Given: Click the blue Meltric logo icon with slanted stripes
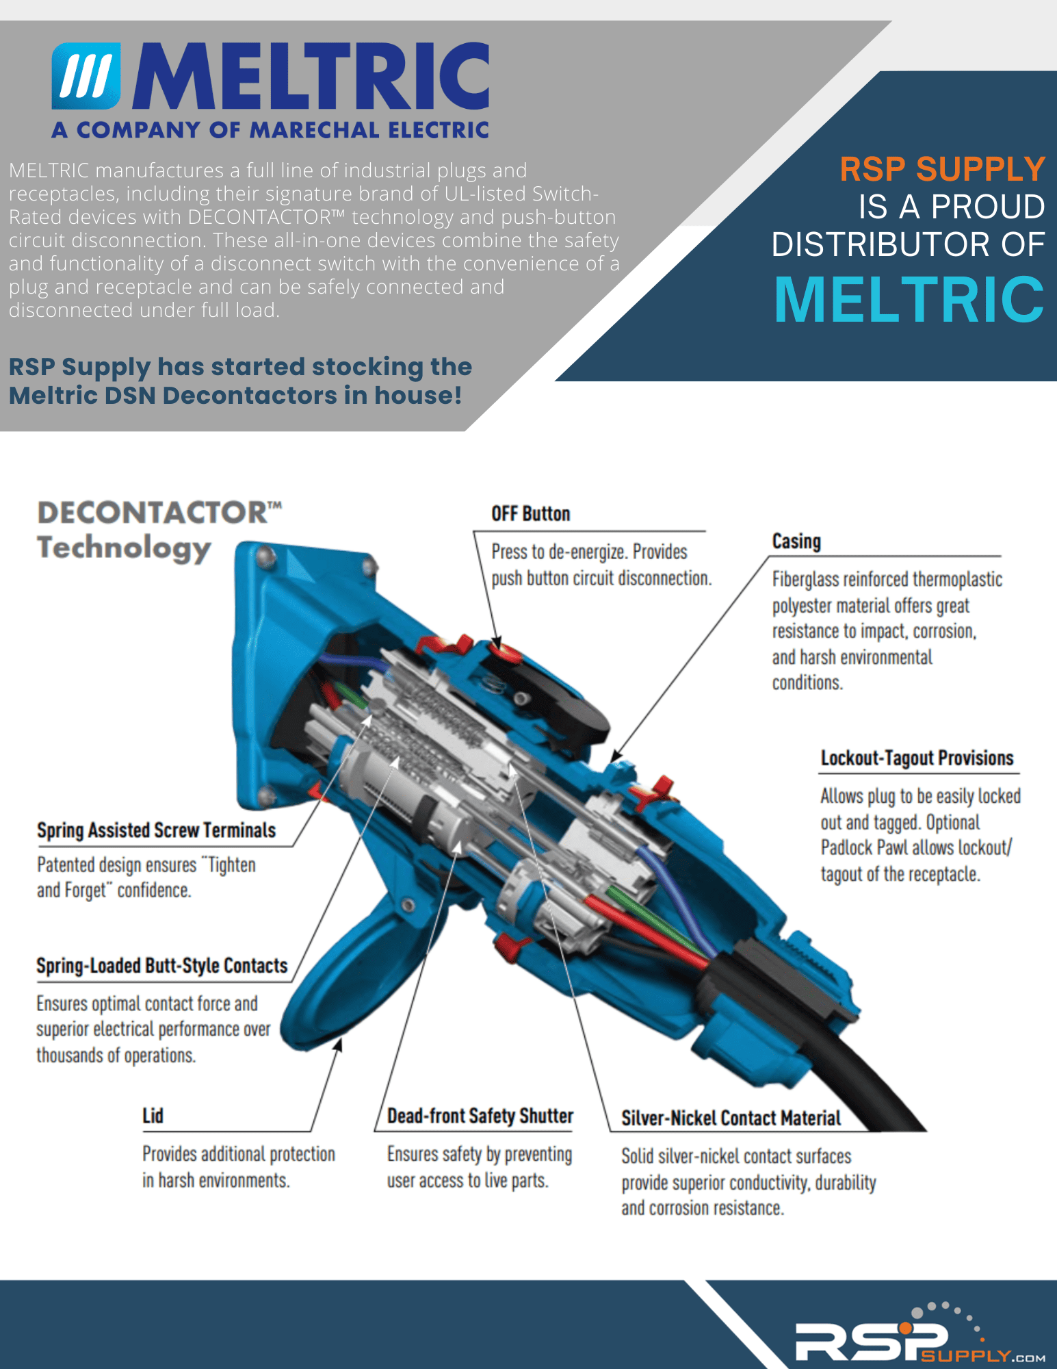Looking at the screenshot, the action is pyautogui.click(x=86, y=76).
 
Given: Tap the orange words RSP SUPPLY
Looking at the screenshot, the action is pyautogui.click(x=942, y=169).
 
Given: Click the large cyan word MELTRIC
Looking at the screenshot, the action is pyautogui.click(x=909, y=299).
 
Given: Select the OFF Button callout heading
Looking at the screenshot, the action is pyautogui.click(x=530, y=513).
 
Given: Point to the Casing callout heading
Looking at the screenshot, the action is pyautogui.click(x=796, y=541).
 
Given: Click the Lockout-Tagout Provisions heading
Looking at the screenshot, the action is pyautogui.click(x=917, y=758).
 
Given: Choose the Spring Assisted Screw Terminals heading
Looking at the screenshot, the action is pyautogui.click(x=156, y=830).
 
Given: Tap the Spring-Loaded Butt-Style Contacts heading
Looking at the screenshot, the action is pyautogui.click(x=162, y=965).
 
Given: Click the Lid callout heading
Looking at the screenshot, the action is pyautogui.click(x=153, y=1116).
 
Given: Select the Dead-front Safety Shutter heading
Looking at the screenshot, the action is pyautogui.click(x=480, y=1116).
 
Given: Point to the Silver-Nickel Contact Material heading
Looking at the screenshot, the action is pyautogui.click(x=731, y=1118).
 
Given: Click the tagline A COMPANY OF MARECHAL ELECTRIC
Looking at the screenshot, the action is pyautogui.click(x=270, y=130).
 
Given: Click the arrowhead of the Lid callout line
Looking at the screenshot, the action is pyautogui.click(x=339, y=1045).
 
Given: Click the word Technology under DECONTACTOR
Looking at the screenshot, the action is pyautogui.click(x=124, y=549).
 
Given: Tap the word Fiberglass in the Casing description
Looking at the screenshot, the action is pyautogui.click(x=805, y=580).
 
